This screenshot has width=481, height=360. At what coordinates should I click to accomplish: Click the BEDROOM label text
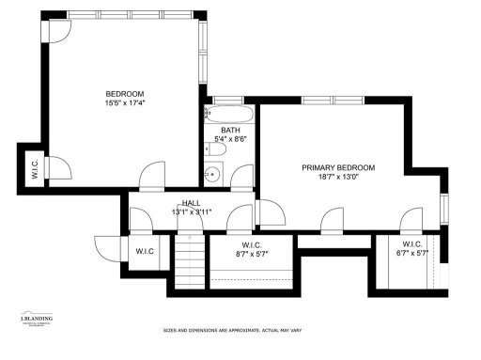pyautogui.click(x=124, y=93)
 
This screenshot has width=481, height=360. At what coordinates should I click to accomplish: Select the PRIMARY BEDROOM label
pyautogui.click(x=337, y=167)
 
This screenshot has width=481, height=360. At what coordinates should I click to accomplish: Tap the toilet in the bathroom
pyautogui.click(x=209, y=148)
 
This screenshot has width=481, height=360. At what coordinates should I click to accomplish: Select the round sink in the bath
pyautogui.click(x=213, y=173)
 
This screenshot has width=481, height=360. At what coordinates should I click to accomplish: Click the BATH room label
pyautogui.click(x=231, y=131)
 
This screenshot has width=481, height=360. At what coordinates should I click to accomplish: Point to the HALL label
pyautogui.click(x=192, y=203)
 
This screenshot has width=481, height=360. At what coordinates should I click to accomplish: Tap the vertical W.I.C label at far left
pyautogui.click(x=35, y=172)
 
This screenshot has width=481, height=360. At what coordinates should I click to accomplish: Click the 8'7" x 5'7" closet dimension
pyautogui.click(x=252, y=253)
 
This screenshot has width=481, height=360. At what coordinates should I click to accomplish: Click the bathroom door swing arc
pyautogui.click(x=242, y=175)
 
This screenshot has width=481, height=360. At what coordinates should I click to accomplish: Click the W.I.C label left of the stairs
pyautogui.click(x=145, y=251)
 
